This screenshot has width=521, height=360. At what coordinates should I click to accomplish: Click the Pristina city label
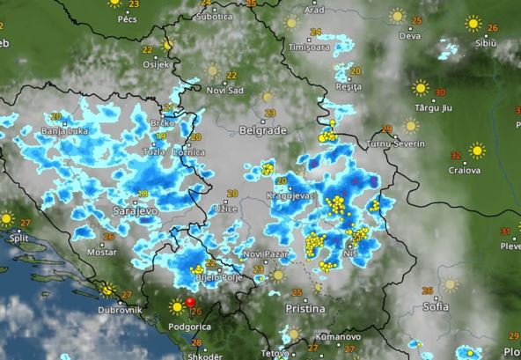(x=305, y=309)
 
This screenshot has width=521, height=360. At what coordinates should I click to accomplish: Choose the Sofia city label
(x=435, y=306)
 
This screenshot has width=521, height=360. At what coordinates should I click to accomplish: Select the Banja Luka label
(x=62, y=133)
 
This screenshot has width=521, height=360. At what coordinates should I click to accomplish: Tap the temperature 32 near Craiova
(x=455, y=155)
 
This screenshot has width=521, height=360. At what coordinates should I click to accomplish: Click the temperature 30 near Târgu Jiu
(x=440, y=91)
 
